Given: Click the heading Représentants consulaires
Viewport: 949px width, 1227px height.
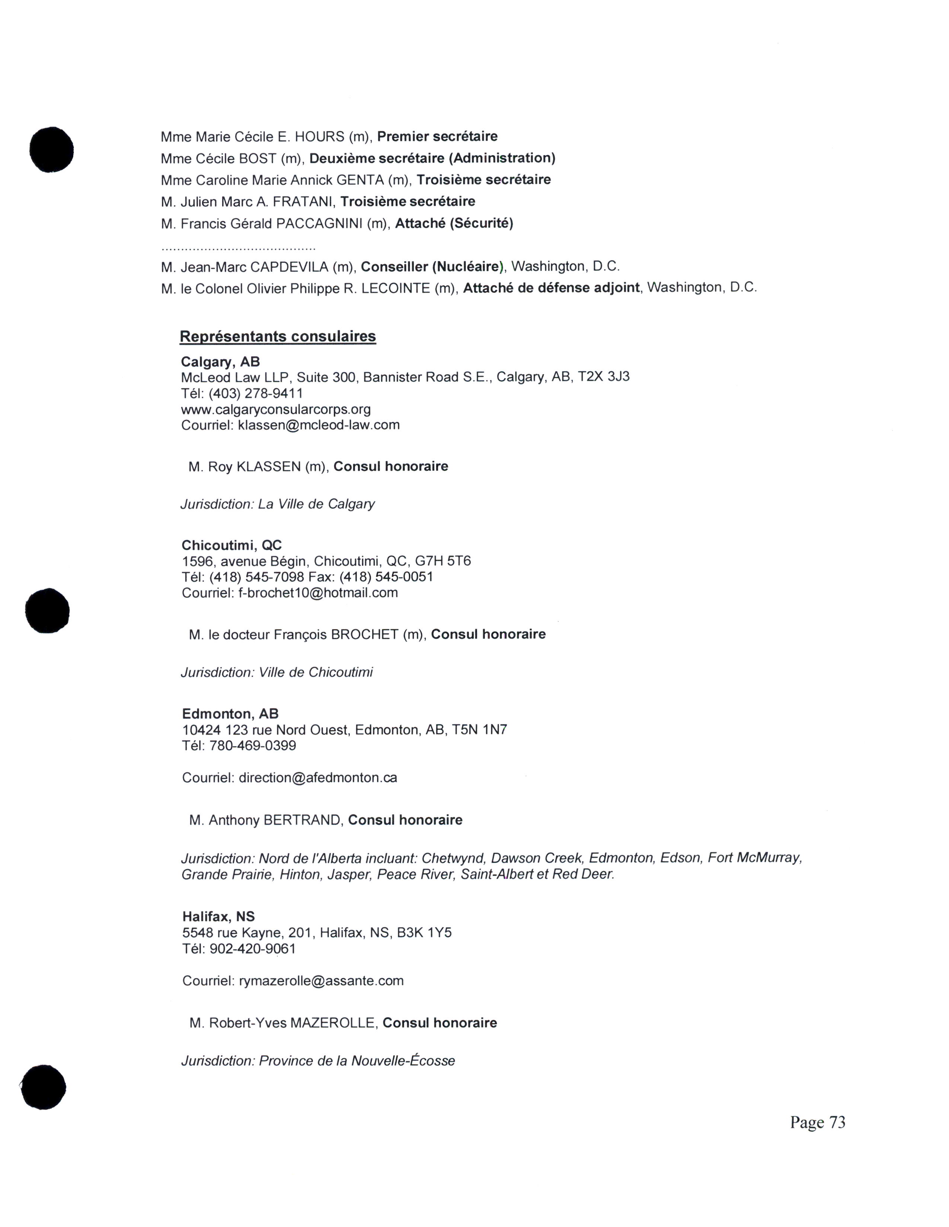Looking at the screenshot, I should pos(278,336).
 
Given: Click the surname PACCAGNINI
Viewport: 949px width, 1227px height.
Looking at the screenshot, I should pos(319,223).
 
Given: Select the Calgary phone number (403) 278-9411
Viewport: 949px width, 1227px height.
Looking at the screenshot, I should pos(256,393).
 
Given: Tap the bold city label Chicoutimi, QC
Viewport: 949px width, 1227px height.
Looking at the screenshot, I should pos(231,545).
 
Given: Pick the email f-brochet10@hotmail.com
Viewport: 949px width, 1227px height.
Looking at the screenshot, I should pos(318,593).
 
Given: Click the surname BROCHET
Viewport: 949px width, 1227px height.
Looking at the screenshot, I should pos(364,634).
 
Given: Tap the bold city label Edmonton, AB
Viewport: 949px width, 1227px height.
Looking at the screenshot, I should pos(230,714).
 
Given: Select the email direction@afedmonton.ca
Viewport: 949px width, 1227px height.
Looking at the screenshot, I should pos(318,777).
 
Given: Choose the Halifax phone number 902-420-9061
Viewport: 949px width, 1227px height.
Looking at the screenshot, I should pos(252,949).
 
